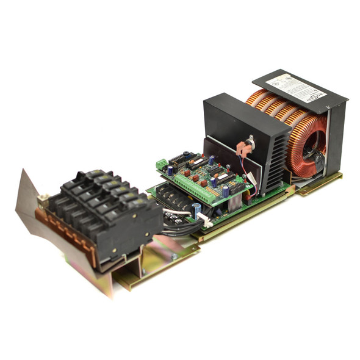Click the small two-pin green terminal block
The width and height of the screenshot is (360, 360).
[x=162, y=164]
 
